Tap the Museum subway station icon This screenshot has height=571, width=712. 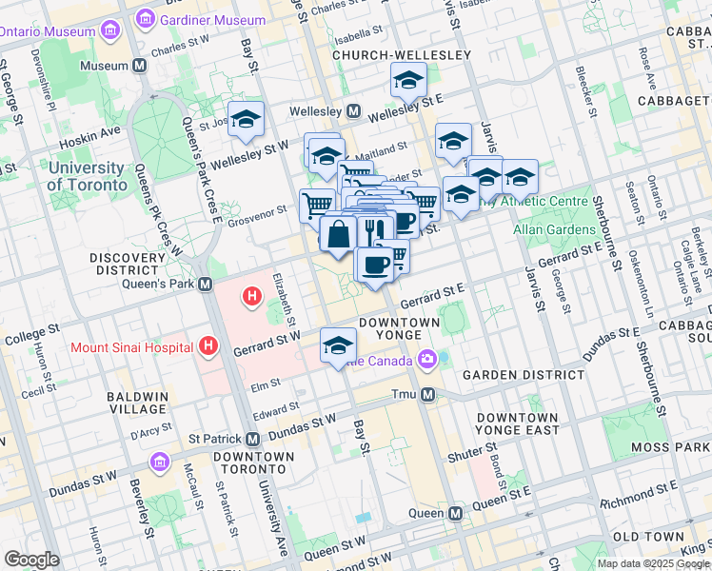pyautogui.click(x=140, y=66)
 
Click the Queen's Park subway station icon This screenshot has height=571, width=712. pyautogui.click(x=205, y=285)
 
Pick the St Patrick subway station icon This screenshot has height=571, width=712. pyautogui.click(x=252, y=439)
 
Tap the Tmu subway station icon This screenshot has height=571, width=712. pyautogui.click(x=427, y=394)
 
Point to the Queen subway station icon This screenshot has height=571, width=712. pyautogui.click(x=455, y=513)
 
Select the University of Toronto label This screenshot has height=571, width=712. pyautogui.click(x=87, y=177)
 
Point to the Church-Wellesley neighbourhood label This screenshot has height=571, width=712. pyautogui.click(x=401, y=55)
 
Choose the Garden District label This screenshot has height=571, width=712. pyautogui.click(x=524, y=375)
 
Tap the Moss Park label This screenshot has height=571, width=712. pyautogui.click(x=670, y=446)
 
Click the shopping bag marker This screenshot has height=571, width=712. pyautogui.click(x=338, y=233)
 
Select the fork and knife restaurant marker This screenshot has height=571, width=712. pyautogui.click(x=373, y=230)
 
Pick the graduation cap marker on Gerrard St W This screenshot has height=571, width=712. pyautogui.click(x=338, y=345)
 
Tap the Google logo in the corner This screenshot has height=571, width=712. pyautogui.click(x=31, y=559)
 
